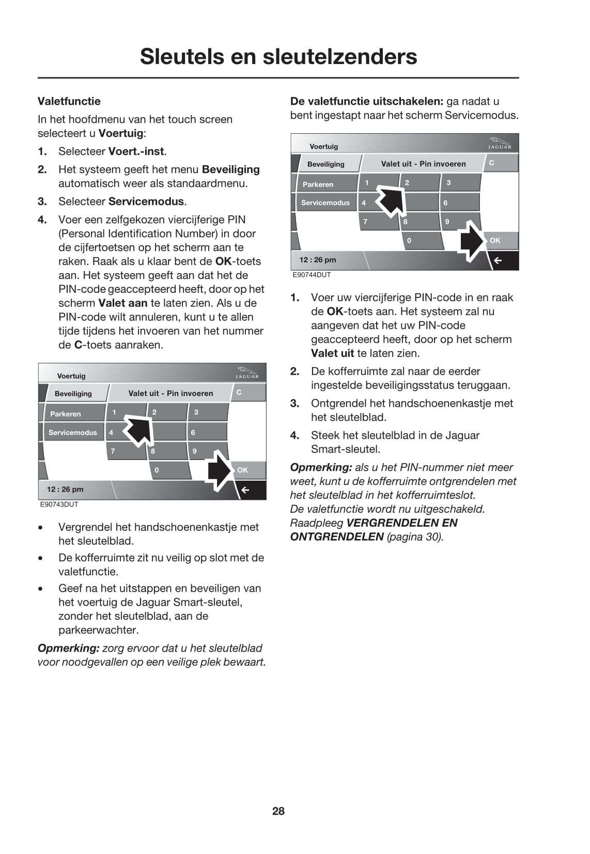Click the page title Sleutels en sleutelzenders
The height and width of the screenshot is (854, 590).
click(278, 56)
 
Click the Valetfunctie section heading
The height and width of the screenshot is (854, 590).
click(69, 101)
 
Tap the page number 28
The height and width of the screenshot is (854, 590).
click(278, 811)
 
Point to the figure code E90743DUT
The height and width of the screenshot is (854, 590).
click(59, 504)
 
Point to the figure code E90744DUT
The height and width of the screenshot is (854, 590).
click(312, 275)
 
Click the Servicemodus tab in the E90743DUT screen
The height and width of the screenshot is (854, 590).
click(72, 433)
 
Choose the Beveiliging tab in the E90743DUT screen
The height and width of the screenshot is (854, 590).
click(73, 393)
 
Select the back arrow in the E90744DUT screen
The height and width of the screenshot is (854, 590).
click(499, 261)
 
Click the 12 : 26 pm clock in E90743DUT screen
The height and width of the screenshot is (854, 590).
click(65, 489)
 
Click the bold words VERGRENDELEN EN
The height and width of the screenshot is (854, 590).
click(402, 523)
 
